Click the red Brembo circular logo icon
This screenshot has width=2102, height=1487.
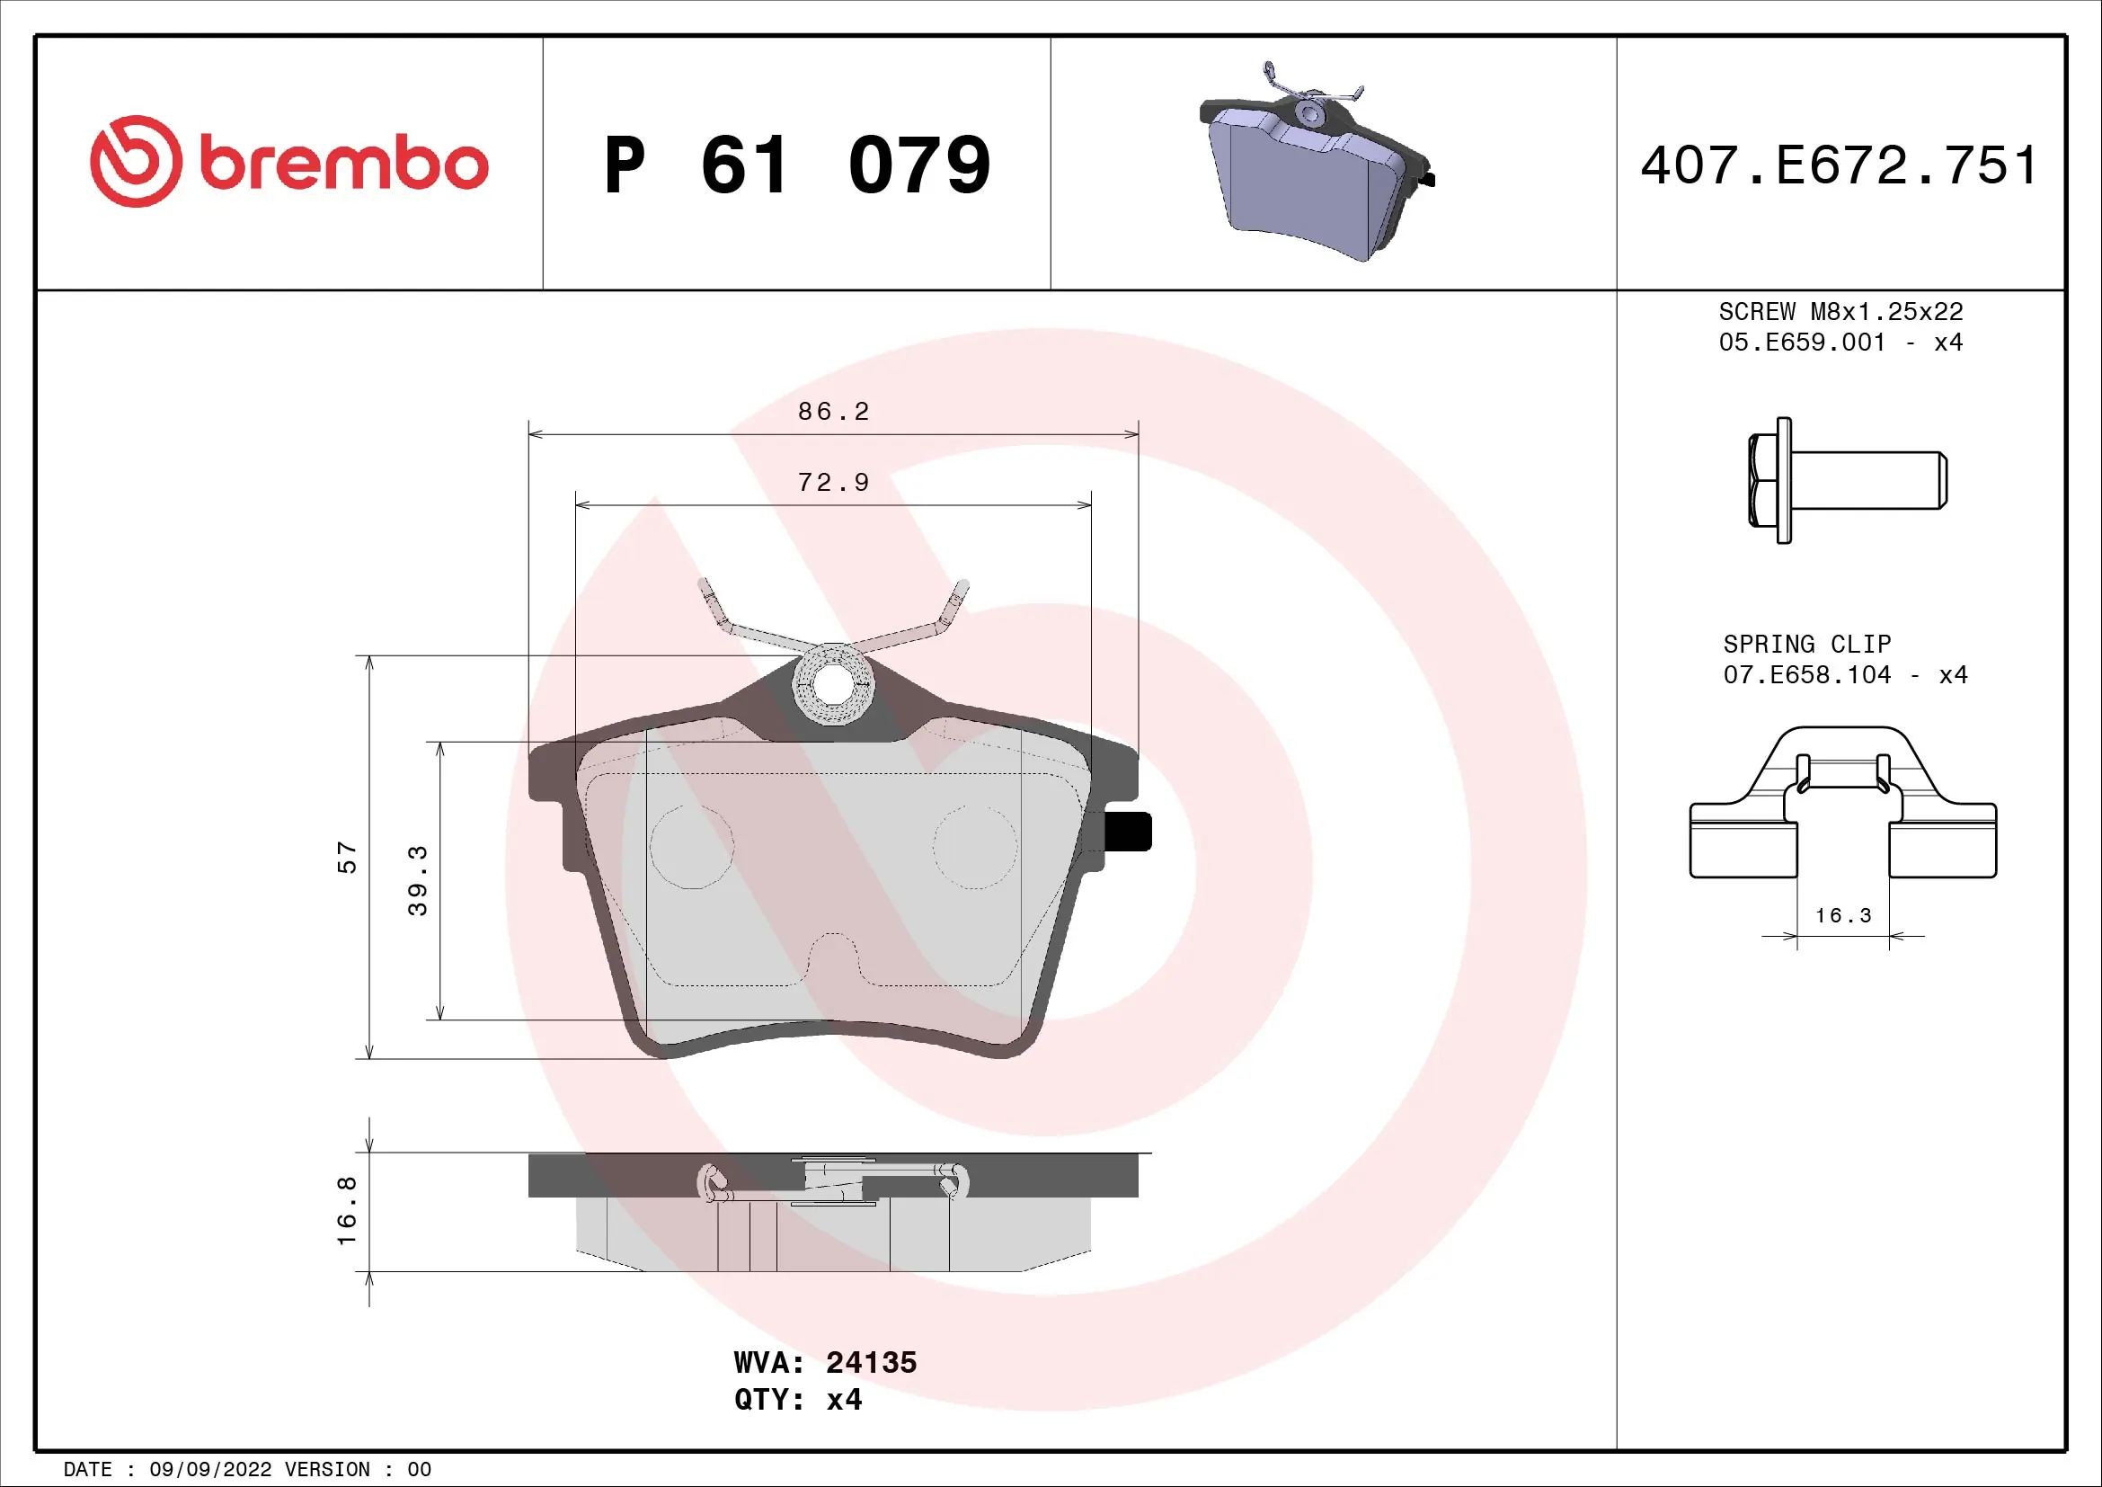[x=136, y=161]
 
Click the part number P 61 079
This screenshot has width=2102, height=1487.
[x=796, y=165]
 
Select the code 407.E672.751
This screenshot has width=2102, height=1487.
[x=1840, y=165]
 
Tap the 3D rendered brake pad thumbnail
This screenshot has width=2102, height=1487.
[x=1316, y=165]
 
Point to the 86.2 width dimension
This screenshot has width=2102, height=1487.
[x=832, y=411]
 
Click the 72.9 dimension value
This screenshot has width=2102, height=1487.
[x=832, y=483]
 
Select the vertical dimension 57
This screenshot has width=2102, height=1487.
[x=346, y=858]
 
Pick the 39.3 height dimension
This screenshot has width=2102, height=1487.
[x=418, y=880]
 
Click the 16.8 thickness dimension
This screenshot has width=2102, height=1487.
[x=346, y=1210]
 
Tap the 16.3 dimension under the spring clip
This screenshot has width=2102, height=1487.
[x=1843, y=915]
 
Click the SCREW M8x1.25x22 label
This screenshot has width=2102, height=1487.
[x=1840, y=311]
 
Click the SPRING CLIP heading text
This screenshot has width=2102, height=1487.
[x=1806, y=644]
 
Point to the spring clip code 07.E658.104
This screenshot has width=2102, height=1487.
[x=1806, y=675]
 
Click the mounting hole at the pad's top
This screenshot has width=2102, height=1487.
[x=832, y=684]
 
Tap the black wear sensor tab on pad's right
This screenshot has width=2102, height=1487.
[x=1128, y=832]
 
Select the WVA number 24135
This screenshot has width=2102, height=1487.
[x=871, y=1362]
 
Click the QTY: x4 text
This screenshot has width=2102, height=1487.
[x=797, y=1400]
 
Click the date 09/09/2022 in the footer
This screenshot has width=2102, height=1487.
[x=210, y=1470]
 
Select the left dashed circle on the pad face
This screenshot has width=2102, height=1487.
[x=691, y=847]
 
